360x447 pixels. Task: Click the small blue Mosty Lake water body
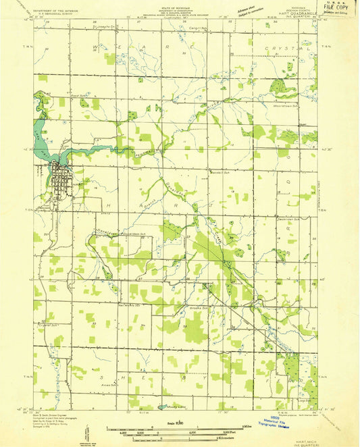(x=162, y=407)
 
